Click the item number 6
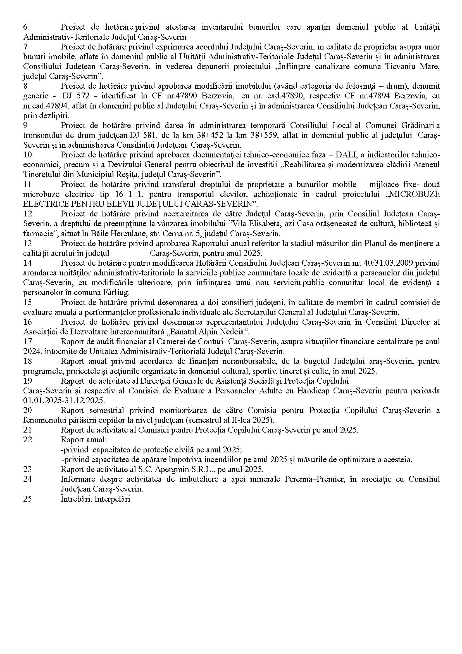25,27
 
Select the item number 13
27,244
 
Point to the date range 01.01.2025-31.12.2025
64,400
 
